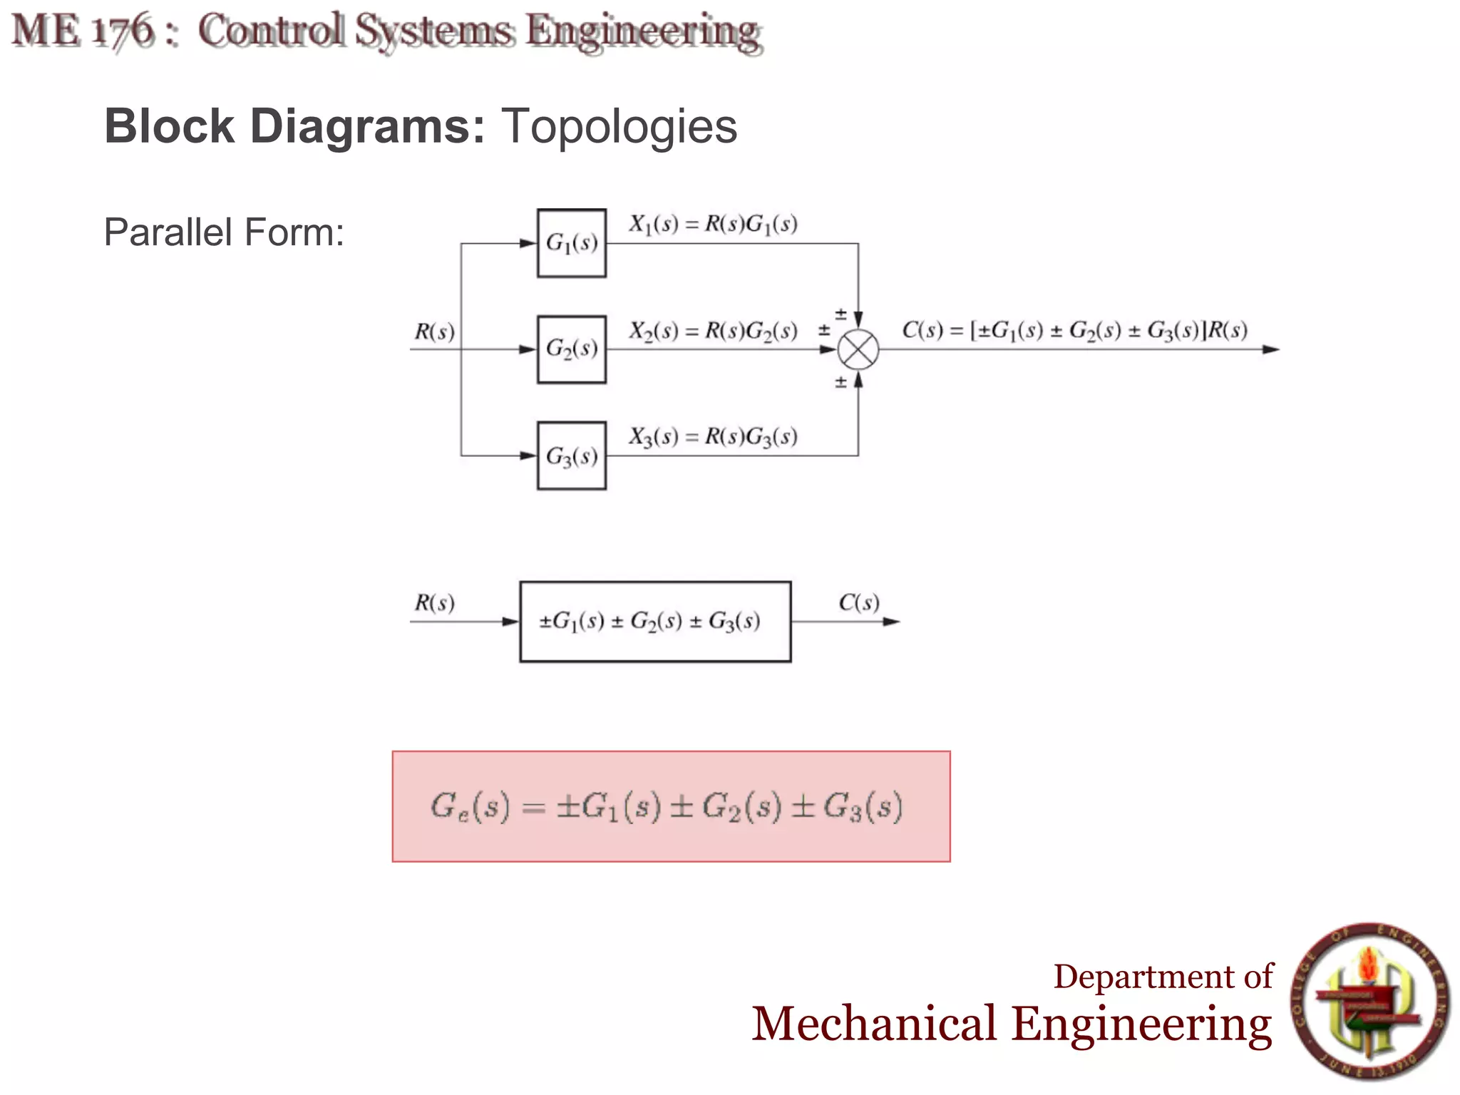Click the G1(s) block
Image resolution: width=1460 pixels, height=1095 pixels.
(x=571, y=243)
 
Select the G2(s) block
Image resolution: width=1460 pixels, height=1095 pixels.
(x=571, y=349)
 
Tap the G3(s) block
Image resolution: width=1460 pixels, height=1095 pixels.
(x=571, y=456)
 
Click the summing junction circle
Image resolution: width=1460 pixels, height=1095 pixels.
(x=858, y=350)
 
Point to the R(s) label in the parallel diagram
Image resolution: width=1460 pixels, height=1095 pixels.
(x=434, y=332)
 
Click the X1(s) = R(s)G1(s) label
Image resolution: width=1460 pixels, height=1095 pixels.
(x=712, y=225)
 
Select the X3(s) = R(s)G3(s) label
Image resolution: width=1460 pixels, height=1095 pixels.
(x=712, y=436)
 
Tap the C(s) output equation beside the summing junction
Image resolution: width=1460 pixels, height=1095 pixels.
(x=1074, y=331)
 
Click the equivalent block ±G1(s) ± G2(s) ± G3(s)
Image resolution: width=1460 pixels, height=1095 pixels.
(x=655, y=622)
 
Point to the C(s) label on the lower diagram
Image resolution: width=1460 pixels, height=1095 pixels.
(x=858, y=603)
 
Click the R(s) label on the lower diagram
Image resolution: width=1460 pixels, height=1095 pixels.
(x=434, y=604)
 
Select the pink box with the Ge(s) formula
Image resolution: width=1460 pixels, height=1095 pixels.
(x=670, y=806)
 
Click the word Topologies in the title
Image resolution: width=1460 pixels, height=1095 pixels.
(x=619, y=127)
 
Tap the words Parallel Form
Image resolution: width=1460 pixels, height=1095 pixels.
(x=224, y=232)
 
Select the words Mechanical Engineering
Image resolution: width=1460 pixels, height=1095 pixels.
(x=1011, y=1024)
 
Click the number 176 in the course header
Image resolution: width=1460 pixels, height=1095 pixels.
(x=123, y=31)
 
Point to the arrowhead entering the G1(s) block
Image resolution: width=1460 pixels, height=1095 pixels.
(x=528, y=244)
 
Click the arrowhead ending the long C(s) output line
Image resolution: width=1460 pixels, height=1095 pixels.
(x=1270, y=349)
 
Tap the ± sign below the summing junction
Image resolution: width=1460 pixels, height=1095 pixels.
(x=840, y=383)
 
